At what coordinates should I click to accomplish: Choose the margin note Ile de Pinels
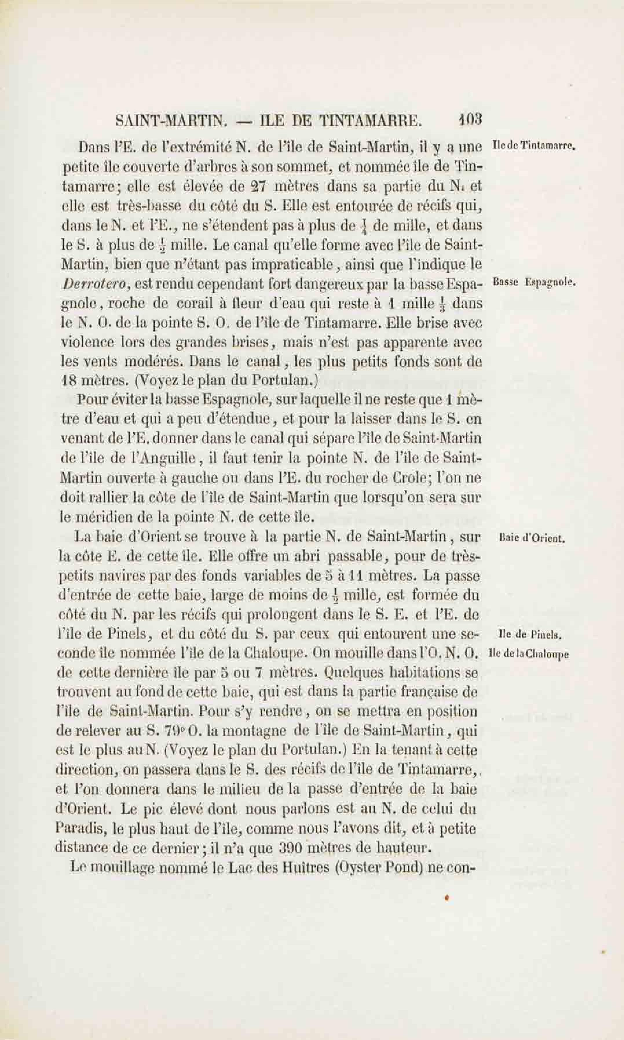[530, 635]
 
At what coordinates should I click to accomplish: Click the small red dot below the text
[447, 897]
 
